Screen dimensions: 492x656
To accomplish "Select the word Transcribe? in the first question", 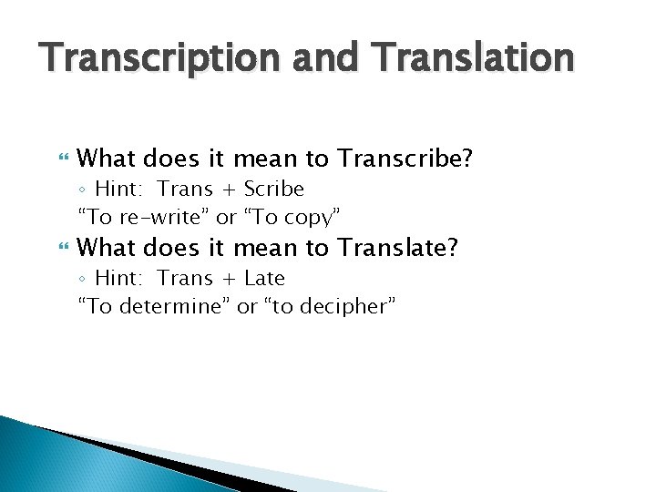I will point(405,159).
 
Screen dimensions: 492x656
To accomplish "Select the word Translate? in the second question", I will point(398,247).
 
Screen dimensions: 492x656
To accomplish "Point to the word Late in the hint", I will point(264,278).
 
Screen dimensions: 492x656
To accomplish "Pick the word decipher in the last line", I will point(345,306).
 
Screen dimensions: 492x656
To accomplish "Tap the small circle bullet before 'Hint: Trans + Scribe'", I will point(82,190).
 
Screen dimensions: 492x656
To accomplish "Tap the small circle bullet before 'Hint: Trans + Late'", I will point(82,279).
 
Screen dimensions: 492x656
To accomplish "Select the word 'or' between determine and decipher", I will point(247,306).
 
